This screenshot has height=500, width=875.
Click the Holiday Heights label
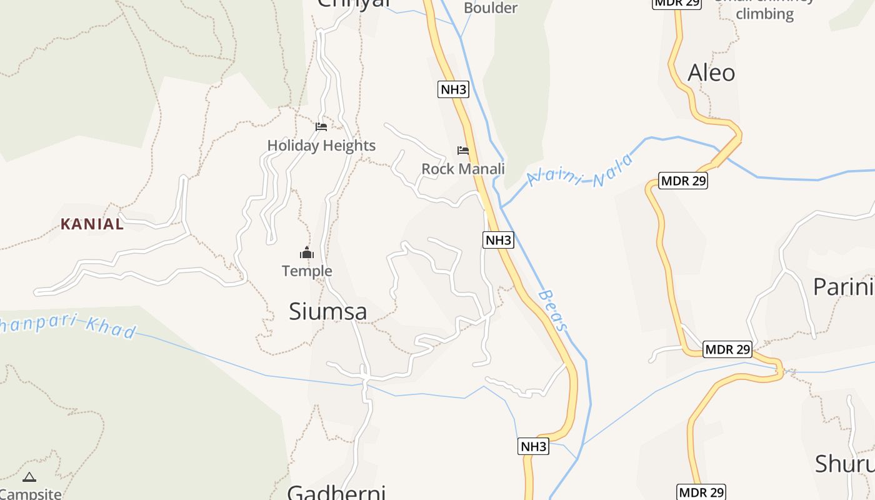321,146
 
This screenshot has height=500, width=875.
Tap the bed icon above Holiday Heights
321,126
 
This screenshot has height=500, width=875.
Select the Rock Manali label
463,169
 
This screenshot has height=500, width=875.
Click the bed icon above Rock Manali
463,150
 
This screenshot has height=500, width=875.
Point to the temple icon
307,252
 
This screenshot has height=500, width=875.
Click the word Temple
307,271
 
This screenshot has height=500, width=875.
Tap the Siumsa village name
327,311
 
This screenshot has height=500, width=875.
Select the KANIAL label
92,224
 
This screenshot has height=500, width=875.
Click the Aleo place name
711,73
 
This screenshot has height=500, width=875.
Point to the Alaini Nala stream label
580,170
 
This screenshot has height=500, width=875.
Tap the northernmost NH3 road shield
453,89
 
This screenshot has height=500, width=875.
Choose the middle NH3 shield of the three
498,239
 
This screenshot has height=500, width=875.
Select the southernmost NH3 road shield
534,446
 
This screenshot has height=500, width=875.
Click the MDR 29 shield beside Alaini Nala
684,181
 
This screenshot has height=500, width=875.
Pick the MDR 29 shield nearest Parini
727,349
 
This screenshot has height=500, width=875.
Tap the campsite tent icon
29,477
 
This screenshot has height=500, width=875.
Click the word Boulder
491,8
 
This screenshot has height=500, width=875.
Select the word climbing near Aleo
764,14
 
